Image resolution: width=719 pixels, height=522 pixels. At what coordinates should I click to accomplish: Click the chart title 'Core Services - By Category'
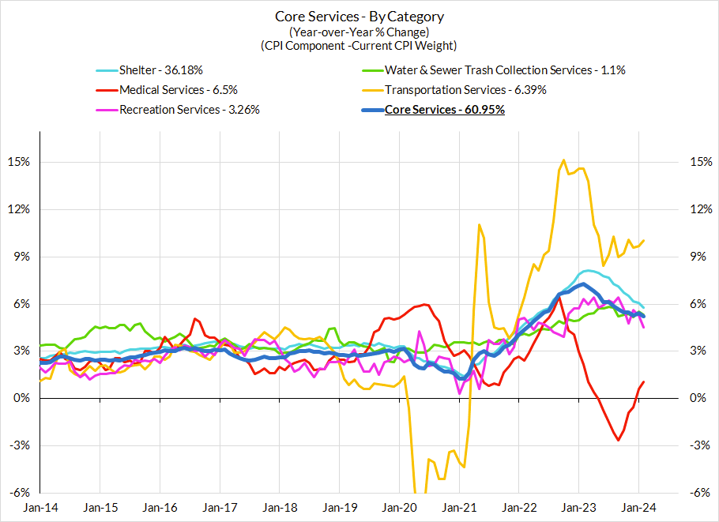coord(359,17)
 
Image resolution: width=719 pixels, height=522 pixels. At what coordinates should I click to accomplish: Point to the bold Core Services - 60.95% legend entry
coord(444,110)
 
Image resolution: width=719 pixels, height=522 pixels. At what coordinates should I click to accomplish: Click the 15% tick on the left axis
coord(18,163)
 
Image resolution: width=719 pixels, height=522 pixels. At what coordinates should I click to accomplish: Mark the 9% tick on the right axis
coord(699,257)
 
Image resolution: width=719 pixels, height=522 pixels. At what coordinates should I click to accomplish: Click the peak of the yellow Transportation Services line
coord(563,160)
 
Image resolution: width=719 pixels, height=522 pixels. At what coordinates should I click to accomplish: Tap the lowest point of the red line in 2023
coord(618,440)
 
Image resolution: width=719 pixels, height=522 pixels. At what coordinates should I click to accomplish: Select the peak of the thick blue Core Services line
coord(582,284)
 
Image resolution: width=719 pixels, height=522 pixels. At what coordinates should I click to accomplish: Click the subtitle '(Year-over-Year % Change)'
coord(359,32)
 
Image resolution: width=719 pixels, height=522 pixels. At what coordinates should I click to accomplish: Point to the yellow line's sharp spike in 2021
coord(479,225)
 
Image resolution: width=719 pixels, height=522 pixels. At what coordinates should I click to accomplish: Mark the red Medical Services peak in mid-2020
coord(426,304)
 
